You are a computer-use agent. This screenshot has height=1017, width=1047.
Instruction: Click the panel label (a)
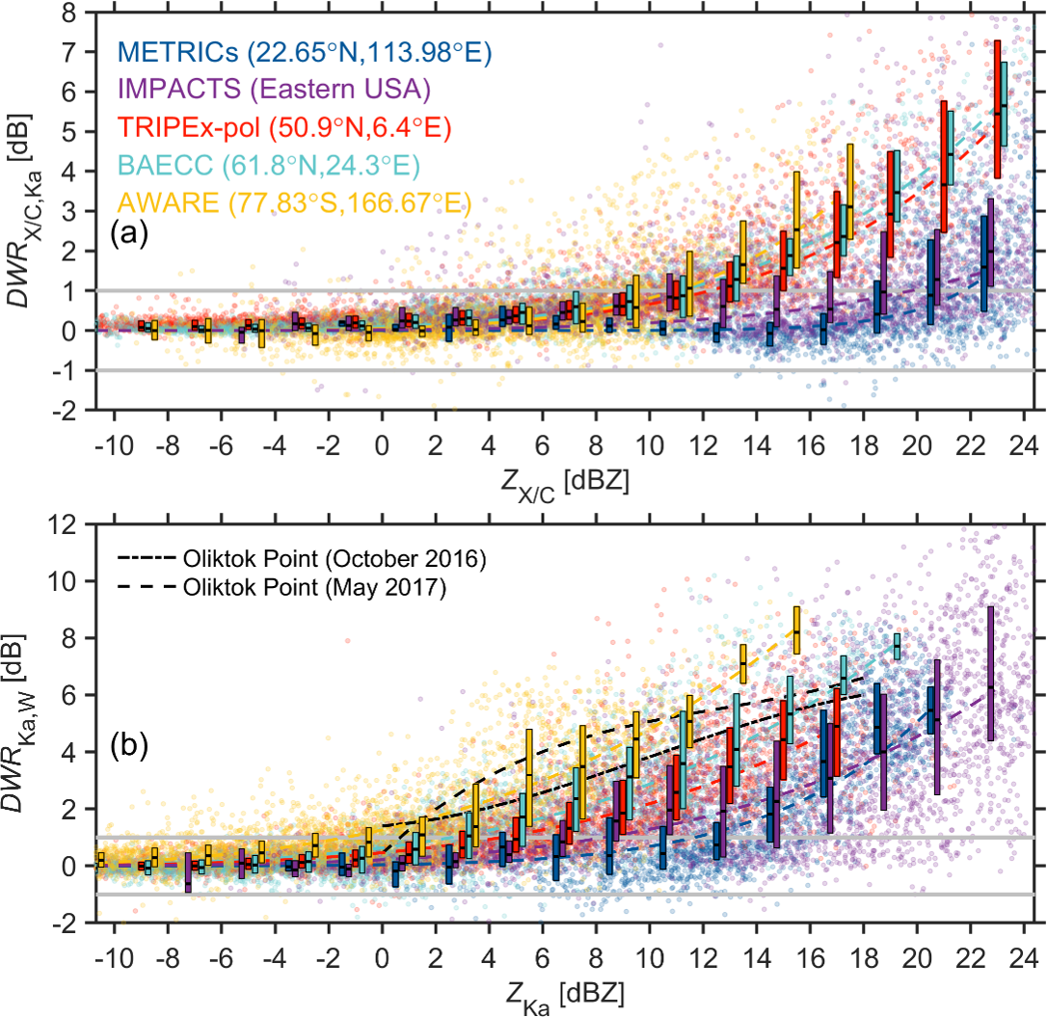coord(129,234)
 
